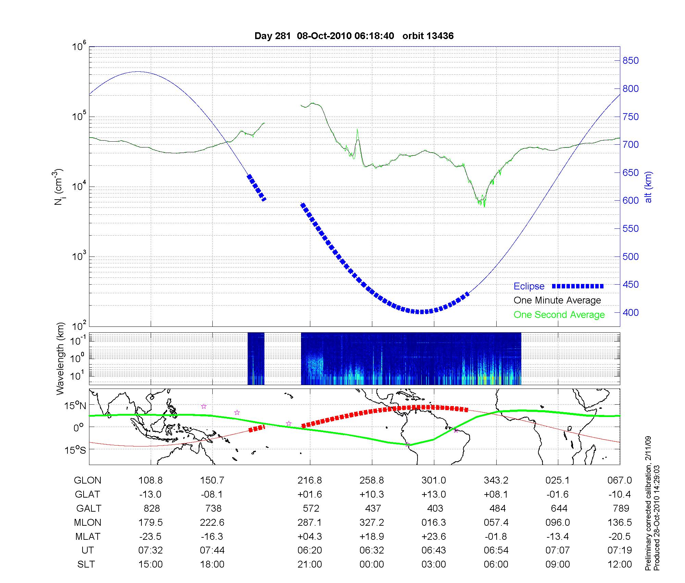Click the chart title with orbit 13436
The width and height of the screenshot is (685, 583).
[354, 36]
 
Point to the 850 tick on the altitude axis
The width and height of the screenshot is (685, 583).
[631, 61]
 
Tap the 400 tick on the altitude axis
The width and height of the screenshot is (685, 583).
[631, 312]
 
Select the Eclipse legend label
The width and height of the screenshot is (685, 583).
[529, 286]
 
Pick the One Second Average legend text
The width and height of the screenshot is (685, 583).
[559, 315]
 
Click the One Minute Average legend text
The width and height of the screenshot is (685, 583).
[557, 300]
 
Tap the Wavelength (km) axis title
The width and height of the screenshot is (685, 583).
[61, 358]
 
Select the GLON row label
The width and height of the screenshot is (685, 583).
[87, 480]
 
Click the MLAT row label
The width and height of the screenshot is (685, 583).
[87, 536]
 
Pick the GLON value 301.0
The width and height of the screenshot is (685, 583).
[434, 480]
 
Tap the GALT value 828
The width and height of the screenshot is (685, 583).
[151, 508]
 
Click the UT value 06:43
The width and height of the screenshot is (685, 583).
[434, 550]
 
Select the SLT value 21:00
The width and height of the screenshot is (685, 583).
[310, 564]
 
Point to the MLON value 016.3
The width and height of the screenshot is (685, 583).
[434, 523]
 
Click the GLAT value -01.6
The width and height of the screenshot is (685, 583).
[558, 495]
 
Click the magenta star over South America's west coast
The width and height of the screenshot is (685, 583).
[408, 445]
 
